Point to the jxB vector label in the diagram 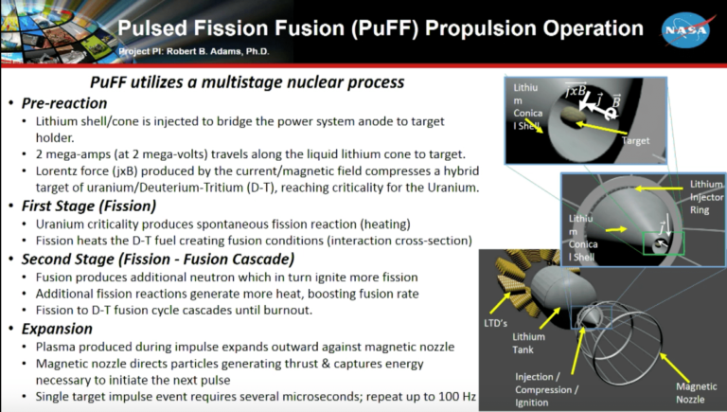(577, 92)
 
